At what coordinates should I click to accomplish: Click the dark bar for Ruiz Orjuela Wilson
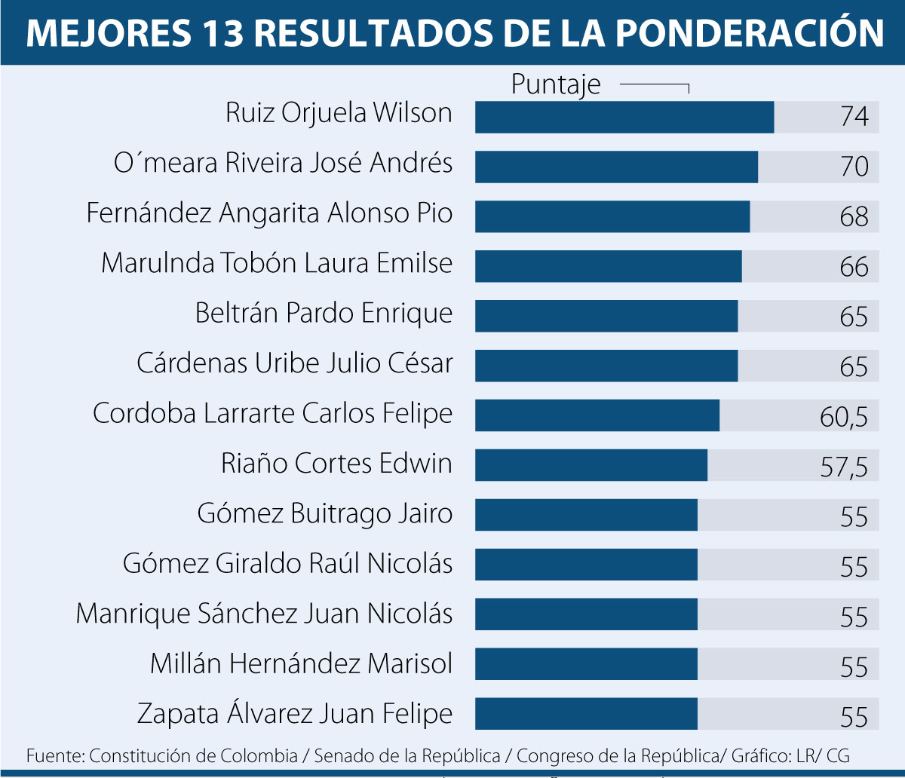[x=624, y=117]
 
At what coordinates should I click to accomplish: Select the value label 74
[x=854, y=118]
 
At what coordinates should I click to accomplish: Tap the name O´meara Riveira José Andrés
[x=283, y=163]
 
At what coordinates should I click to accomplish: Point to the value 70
[x=854, y=167]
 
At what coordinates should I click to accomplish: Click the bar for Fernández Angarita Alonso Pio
[x=612, y=216]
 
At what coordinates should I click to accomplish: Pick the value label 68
[x=854, y=217]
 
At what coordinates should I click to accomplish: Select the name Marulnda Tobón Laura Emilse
[x=277, y=263]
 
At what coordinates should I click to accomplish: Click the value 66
[x=854, y=267]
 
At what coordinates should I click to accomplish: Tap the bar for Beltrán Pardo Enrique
[x=606, y=316]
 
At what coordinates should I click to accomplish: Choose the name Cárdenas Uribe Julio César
[x=295, y=363]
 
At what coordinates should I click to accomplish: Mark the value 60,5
[x=844, y=417]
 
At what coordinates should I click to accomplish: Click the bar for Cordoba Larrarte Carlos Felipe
[x=597, y=415]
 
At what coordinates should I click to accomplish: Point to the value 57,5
[x=844, y=467]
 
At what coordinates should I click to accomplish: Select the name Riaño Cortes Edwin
[x=337, y=463]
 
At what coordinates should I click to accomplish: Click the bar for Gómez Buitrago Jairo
[x=586, y=515]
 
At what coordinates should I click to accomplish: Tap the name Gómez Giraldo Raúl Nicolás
[x=288, y=563]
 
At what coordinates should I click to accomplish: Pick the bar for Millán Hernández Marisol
[x=586, y=664]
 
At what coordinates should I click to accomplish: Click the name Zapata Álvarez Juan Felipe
[x=295, y=713]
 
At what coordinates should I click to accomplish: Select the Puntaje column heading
[x=556, y=84]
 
